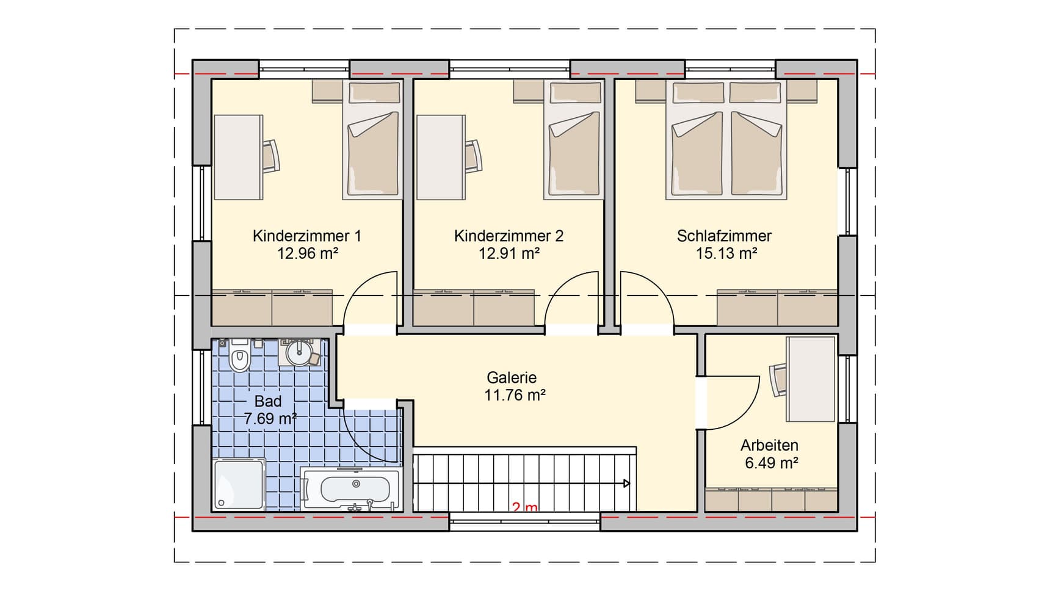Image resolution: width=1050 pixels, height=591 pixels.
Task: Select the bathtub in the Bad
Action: click(350, 488)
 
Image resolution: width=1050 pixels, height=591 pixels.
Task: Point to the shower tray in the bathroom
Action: click(239, 485)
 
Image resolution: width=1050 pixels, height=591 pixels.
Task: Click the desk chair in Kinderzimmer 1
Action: click(272, 156)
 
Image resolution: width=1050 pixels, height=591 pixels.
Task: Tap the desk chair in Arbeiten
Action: click(778, 379)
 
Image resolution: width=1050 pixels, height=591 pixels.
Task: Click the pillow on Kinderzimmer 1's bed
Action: click(375, 93)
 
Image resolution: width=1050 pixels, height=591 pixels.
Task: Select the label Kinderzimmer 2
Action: click(509, 236)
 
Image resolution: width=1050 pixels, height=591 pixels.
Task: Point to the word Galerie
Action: click(512, 377)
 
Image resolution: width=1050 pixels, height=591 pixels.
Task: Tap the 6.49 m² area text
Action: click(772, 463)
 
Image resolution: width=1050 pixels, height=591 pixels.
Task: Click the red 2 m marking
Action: click(525, 507)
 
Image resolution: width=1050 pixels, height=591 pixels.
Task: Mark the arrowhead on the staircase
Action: click(626, 484)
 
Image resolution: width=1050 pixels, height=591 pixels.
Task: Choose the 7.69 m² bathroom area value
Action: click(270, 419)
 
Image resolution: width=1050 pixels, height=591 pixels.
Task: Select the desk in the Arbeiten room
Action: click(811, 379)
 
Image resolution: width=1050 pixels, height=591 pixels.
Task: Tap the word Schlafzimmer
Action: click(724, 236)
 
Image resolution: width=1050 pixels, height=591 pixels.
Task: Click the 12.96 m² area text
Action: click(308, 253)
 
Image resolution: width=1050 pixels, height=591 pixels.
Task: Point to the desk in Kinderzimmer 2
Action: click(441, 157)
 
